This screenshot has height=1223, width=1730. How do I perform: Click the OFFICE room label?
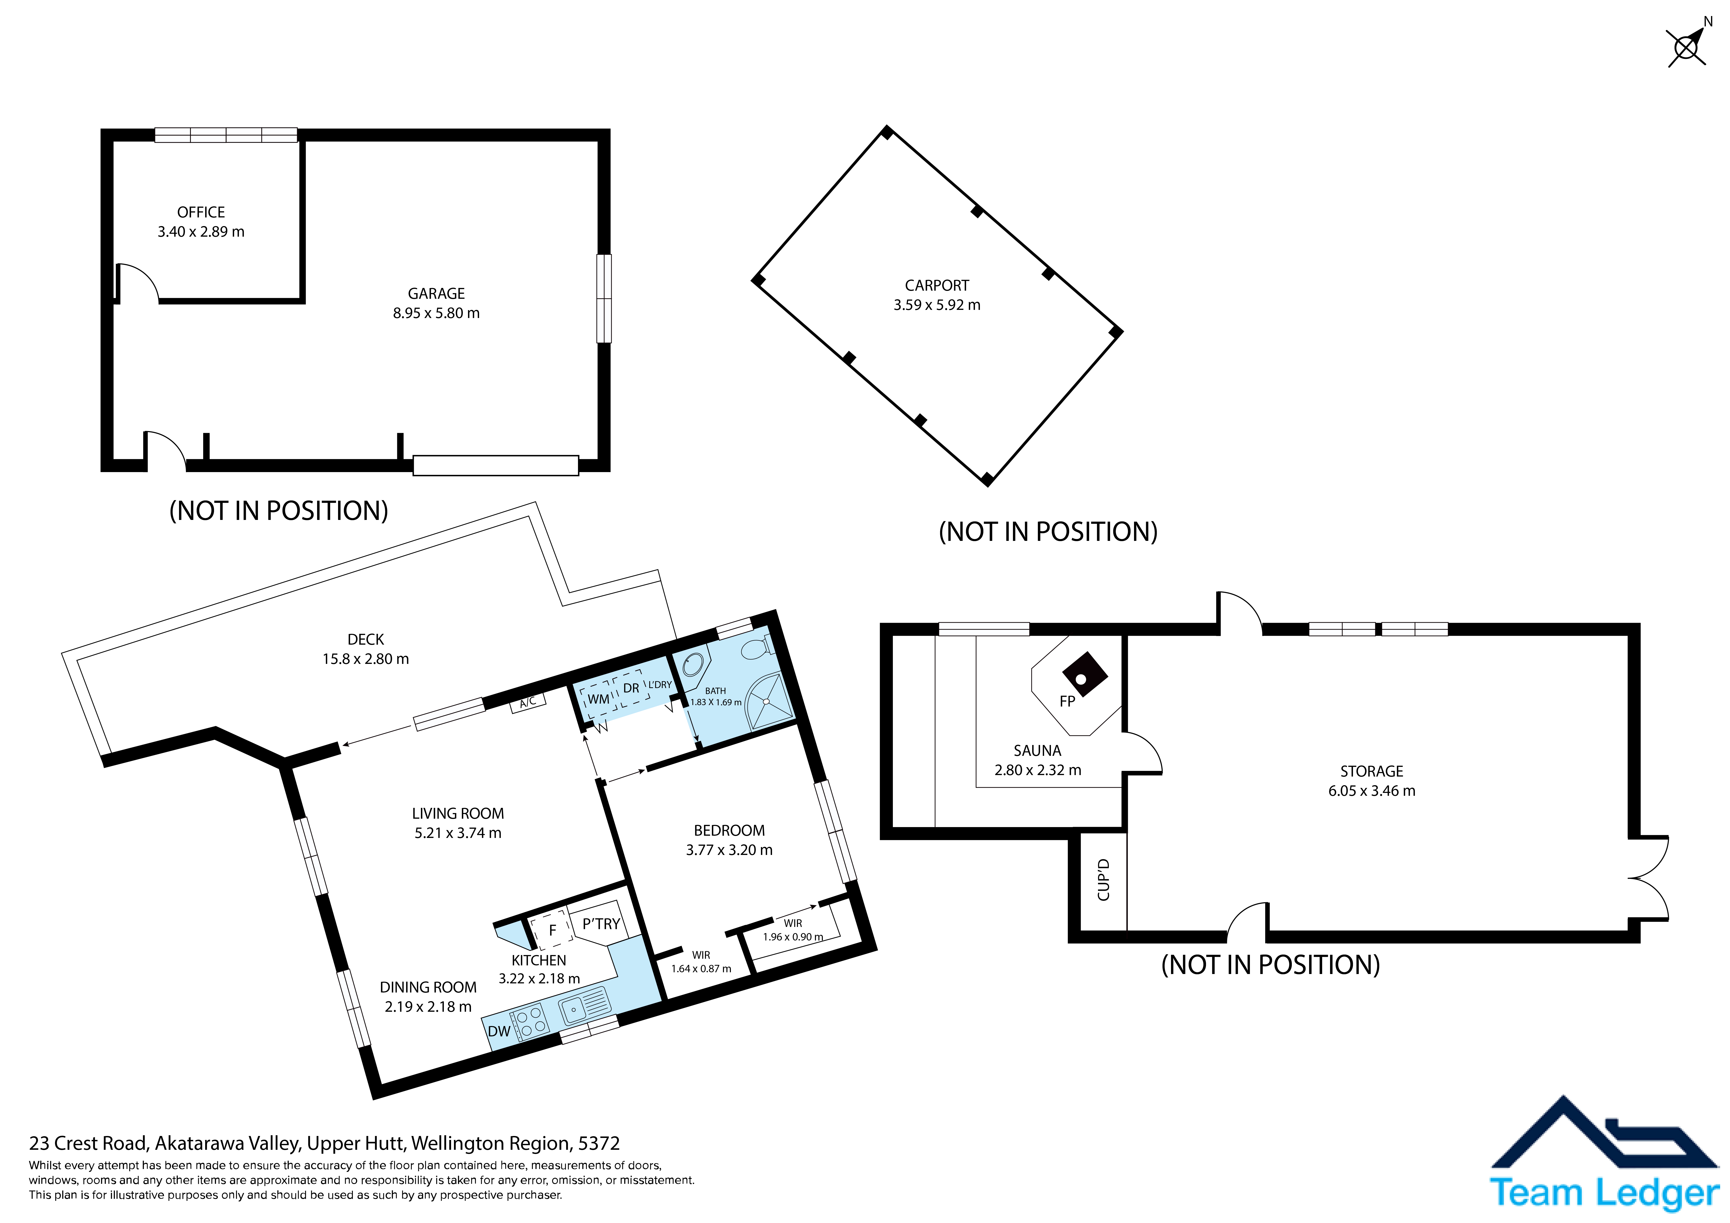201,213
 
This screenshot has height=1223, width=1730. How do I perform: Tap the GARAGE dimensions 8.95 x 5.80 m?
436,314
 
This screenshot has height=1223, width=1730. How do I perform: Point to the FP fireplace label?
1067,702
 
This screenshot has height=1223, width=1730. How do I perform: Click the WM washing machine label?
598,699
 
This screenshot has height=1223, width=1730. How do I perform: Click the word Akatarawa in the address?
189,1144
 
